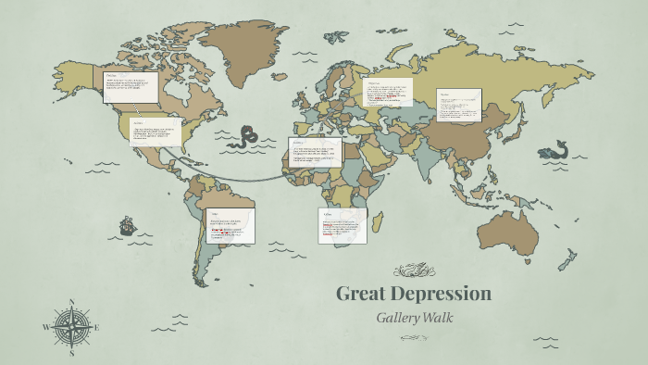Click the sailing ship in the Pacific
tap(127, 226)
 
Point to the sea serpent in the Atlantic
tap(246, 138)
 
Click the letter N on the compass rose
tap(71, 302)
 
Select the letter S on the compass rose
tap(71, 353)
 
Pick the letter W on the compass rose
tap(45, 328)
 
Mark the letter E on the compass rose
tap(96, 328)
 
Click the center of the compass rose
tap(71, 328)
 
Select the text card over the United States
tap(156, 132)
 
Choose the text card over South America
tap(230, 226)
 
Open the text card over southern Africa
tap(342, 226)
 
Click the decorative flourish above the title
tap(413, 271)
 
